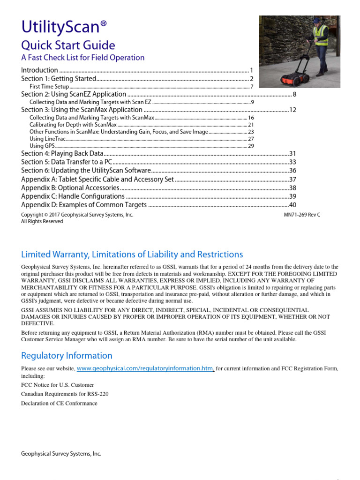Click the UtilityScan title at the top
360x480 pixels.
coord(67,28)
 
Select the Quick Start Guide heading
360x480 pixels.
coord(68,45)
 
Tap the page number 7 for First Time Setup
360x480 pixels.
coord(252,87)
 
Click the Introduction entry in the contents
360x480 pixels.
coord(39,70)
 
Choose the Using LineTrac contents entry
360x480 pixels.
coord(47,139)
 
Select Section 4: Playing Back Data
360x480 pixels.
coord(62,154)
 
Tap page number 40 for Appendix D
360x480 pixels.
coord(293,205)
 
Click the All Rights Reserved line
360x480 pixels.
coord(42,221)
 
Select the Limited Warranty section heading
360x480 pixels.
coord(132,255)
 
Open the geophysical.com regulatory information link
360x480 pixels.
coord(145,369)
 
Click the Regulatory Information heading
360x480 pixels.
coord(67,355)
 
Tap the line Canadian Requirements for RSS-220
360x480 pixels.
coord(65,394)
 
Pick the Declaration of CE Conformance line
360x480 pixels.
coord(59,403)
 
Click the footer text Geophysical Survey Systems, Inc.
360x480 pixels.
coord(61,454)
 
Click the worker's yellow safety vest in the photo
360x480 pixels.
coord(322,35)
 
